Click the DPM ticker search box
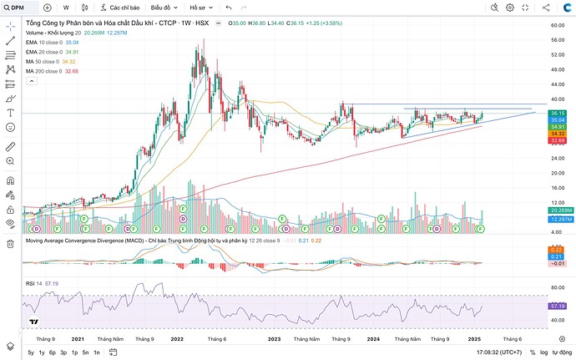(18, 8)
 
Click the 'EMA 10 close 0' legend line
(52, 41)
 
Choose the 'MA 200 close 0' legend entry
(53, 71)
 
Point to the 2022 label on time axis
(177, 339)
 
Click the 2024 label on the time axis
(372, 339)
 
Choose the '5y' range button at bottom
(31, 352)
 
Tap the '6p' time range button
(52, 352)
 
